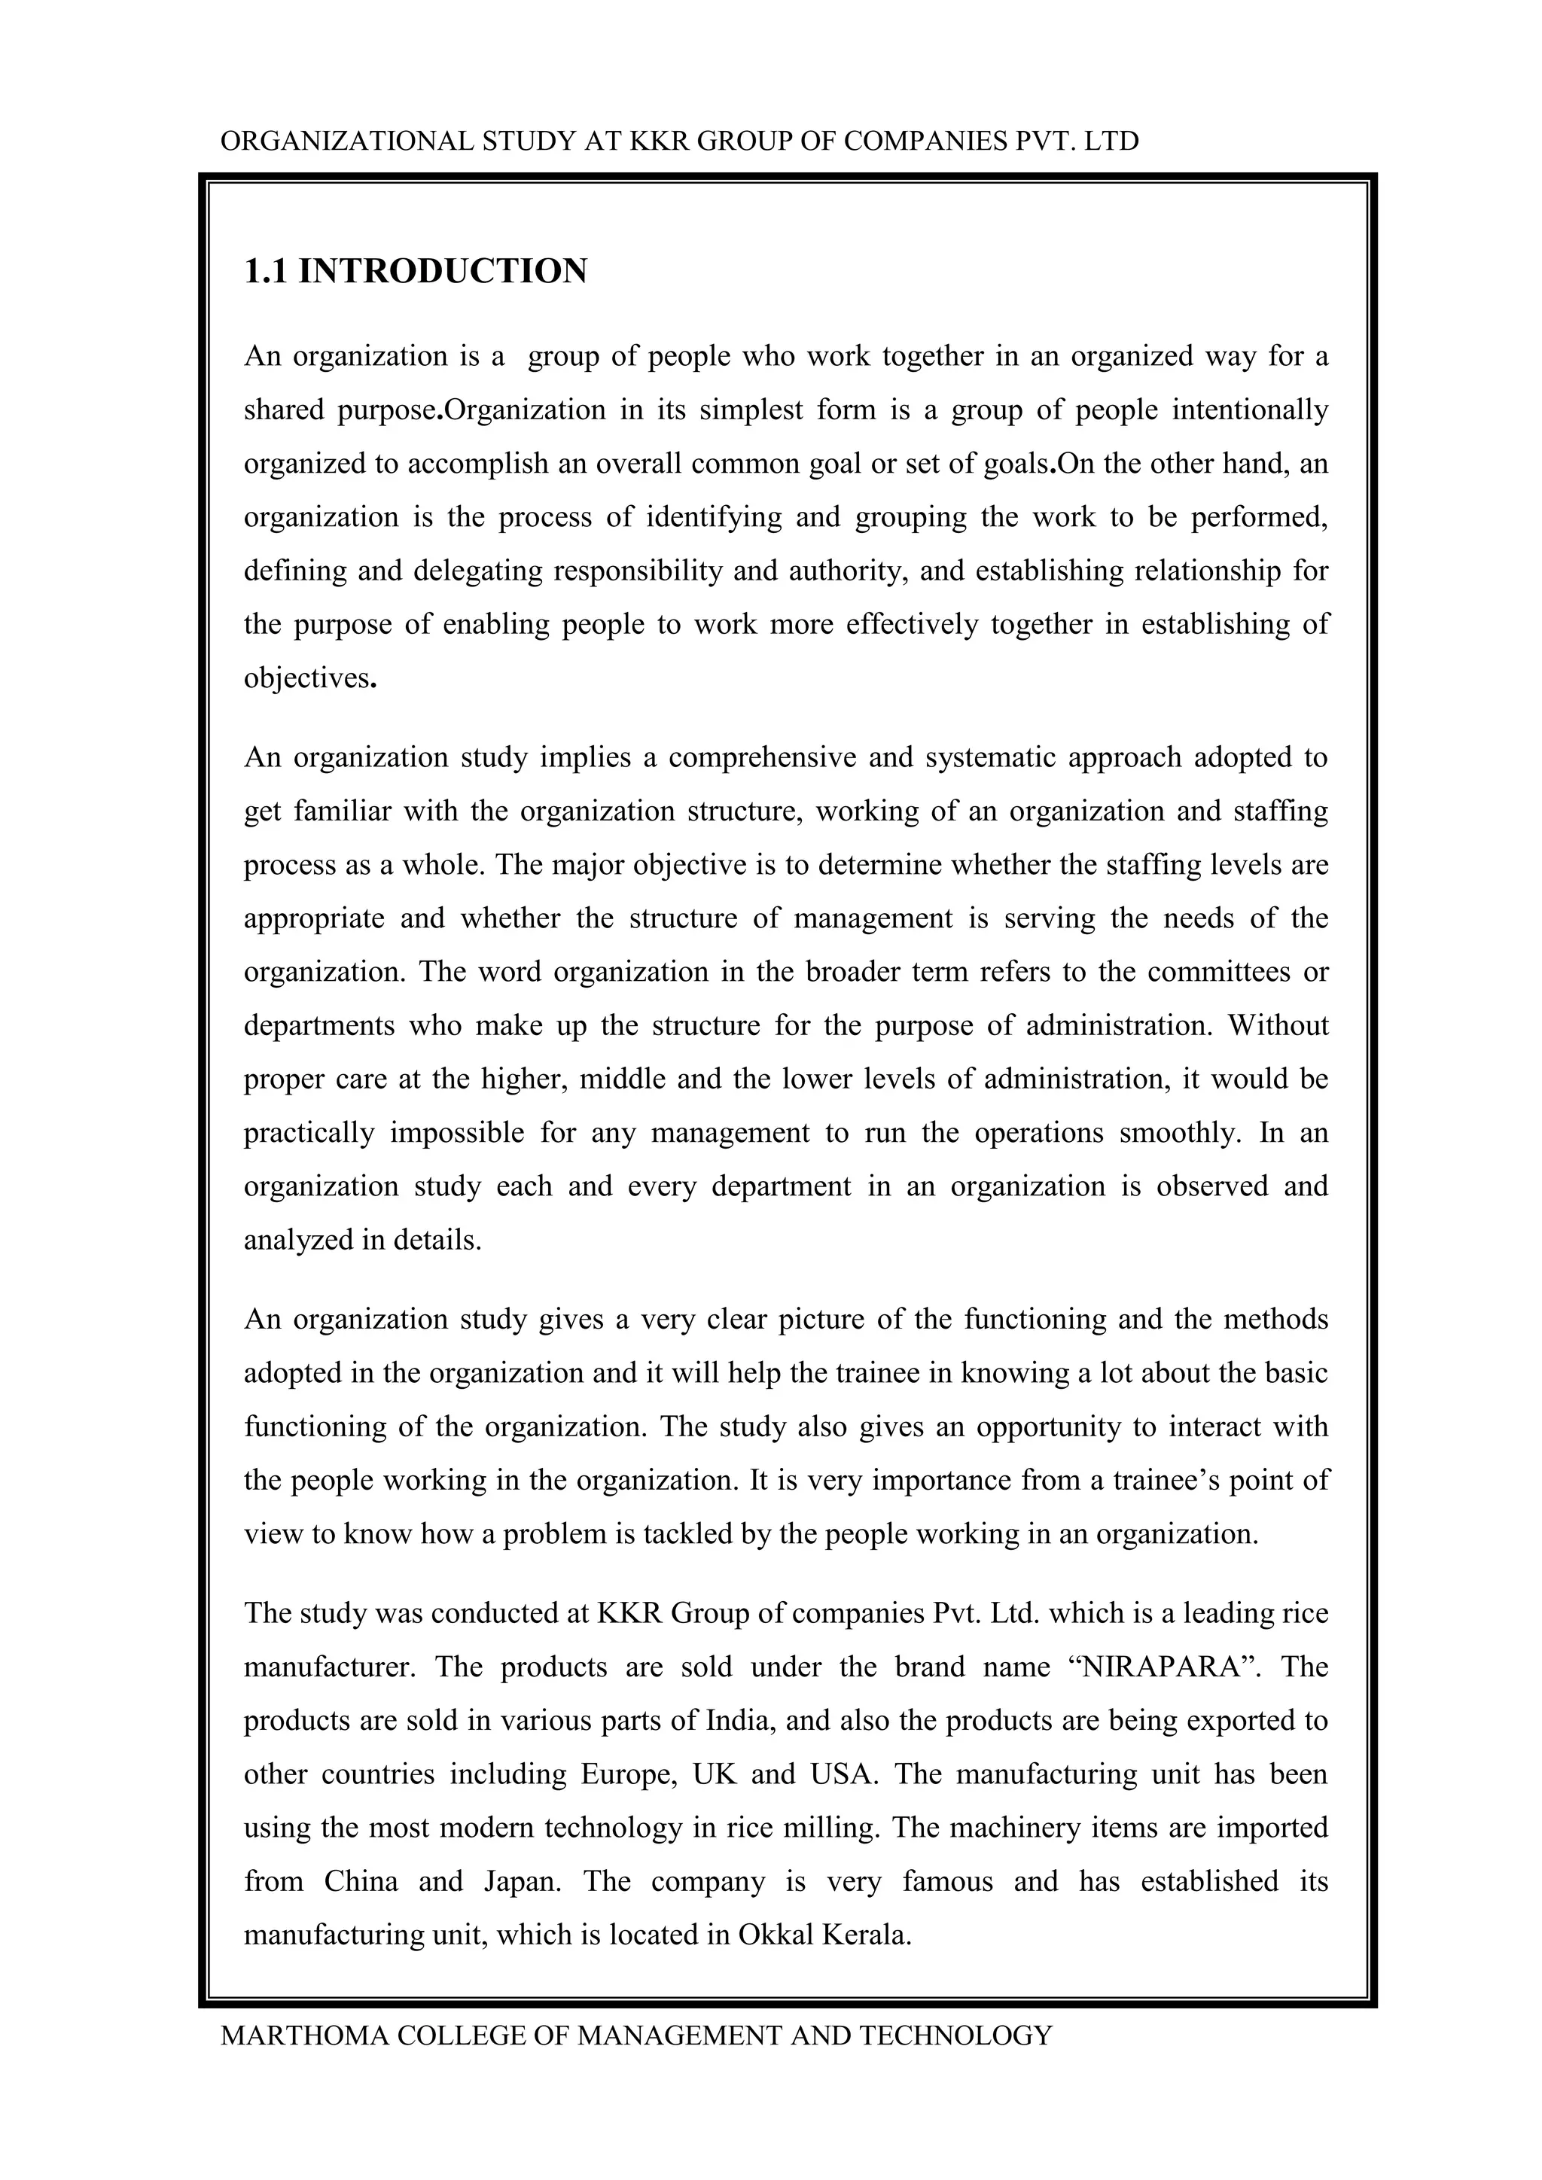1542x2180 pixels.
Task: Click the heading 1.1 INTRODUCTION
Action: [x=415, y=272]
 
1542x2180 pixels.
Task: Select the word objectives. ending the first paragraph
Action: [x=310, y=678]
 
